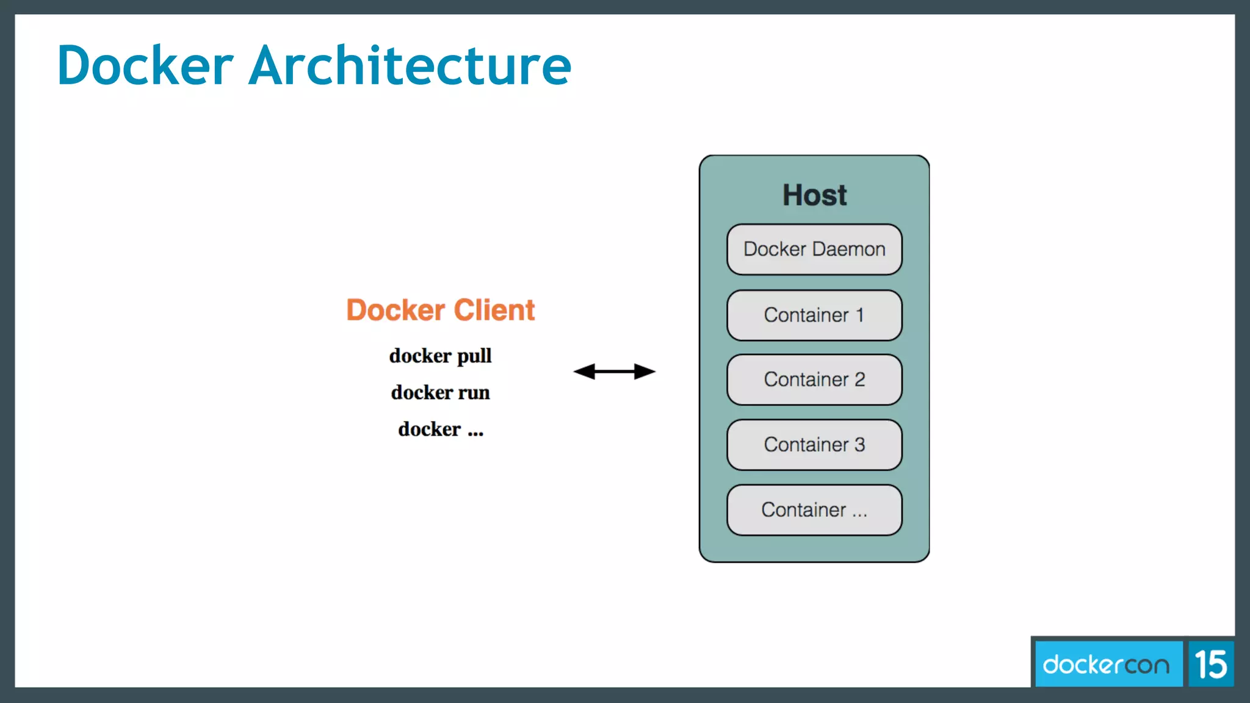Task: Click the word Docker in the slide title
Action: tap(145, 65)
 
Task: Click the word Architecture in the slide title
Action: tap(410, 65)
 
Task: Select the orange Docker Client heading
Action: tap(440, 310)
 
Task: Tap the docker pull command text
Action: tap(440, 356)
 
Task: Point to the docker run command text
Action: tap(440, 392)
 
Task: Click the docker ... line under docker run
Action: tap(440, 429)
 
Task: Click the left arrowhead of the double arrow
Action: tap(584, 371)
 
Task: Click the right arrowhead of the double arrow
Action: tap(645, 371)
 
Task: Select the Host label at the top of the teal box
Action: tap(814, 195)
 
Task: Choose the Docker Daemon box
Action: tap(814, 249)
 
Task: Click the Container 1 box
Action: tap(814, 315)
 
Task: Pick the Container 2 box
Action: tap(814, 380)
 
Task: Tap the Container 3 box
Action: tap(814, 444)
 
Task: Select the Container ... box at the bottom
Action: tap(814, 510)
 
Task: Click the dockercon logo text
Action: tap(1106, 665)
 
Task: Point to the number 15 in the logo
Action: tap(1210, 665)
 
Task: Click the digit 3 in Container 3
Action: tap(859, 444)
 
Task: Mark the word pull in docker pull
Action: tap(474, 356)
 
